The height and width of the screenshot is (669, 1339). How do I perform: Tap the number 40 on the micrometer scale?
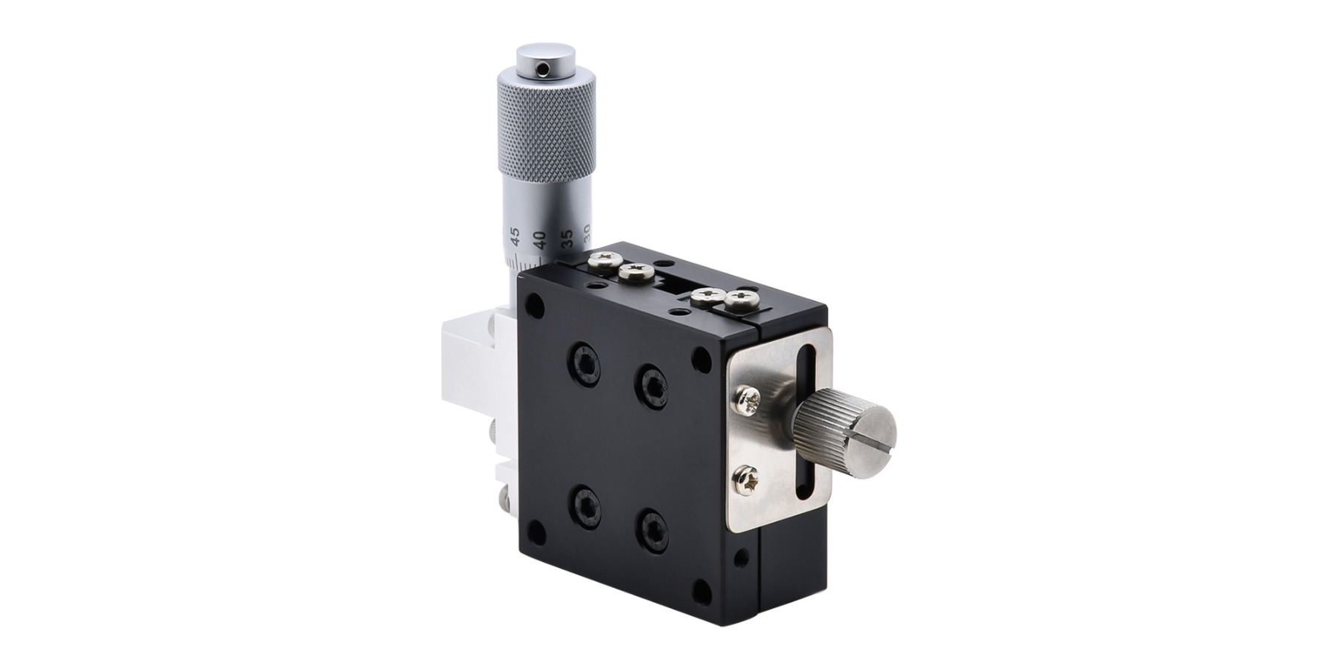540,240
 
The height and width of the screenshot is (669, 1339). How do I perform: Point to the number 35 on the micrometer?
567,239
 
